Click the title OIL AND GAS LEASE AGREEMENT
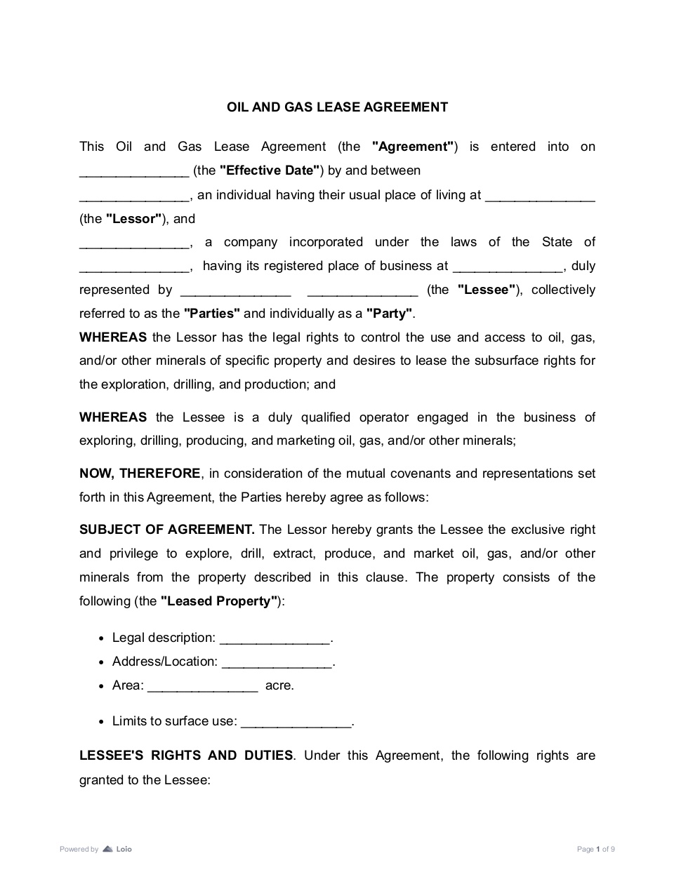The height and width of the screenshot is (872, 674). pyautogui.click(x=337, y=107)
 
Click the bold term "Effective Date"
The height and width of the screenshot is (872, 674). pyautogui.click(x=270, y=170)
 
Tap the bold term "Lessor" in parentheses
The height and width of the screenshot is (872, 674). pyautogui.click(x=134, y=219)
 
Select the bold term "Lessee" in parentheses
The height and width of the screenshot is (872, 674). pyautogui.click(x=487, y=290)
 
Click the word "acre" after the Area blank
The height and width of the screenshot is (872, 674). pyautogui.click(x=278, y=685)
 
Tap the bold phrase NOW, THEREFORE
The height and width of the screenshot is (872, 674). pyautogui.click(x=140, y=474)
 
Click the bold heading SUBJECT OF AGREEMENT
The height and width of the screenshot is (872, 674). pyautogui.click(x=166, y=530)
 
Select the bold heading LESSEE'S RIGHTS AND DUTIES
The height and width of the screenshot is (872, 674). pyautogui.click(x=186, y=756)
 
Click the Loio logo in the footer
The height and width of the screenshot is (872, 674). pyautogui.click(x=117, y=849)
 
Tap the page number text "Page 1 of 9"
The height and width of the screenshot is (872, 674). pyautogui.click(x=595, y=850)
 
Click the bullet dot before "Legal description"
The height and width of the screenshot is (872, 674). pyautogui.click(x=103, y=638)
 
